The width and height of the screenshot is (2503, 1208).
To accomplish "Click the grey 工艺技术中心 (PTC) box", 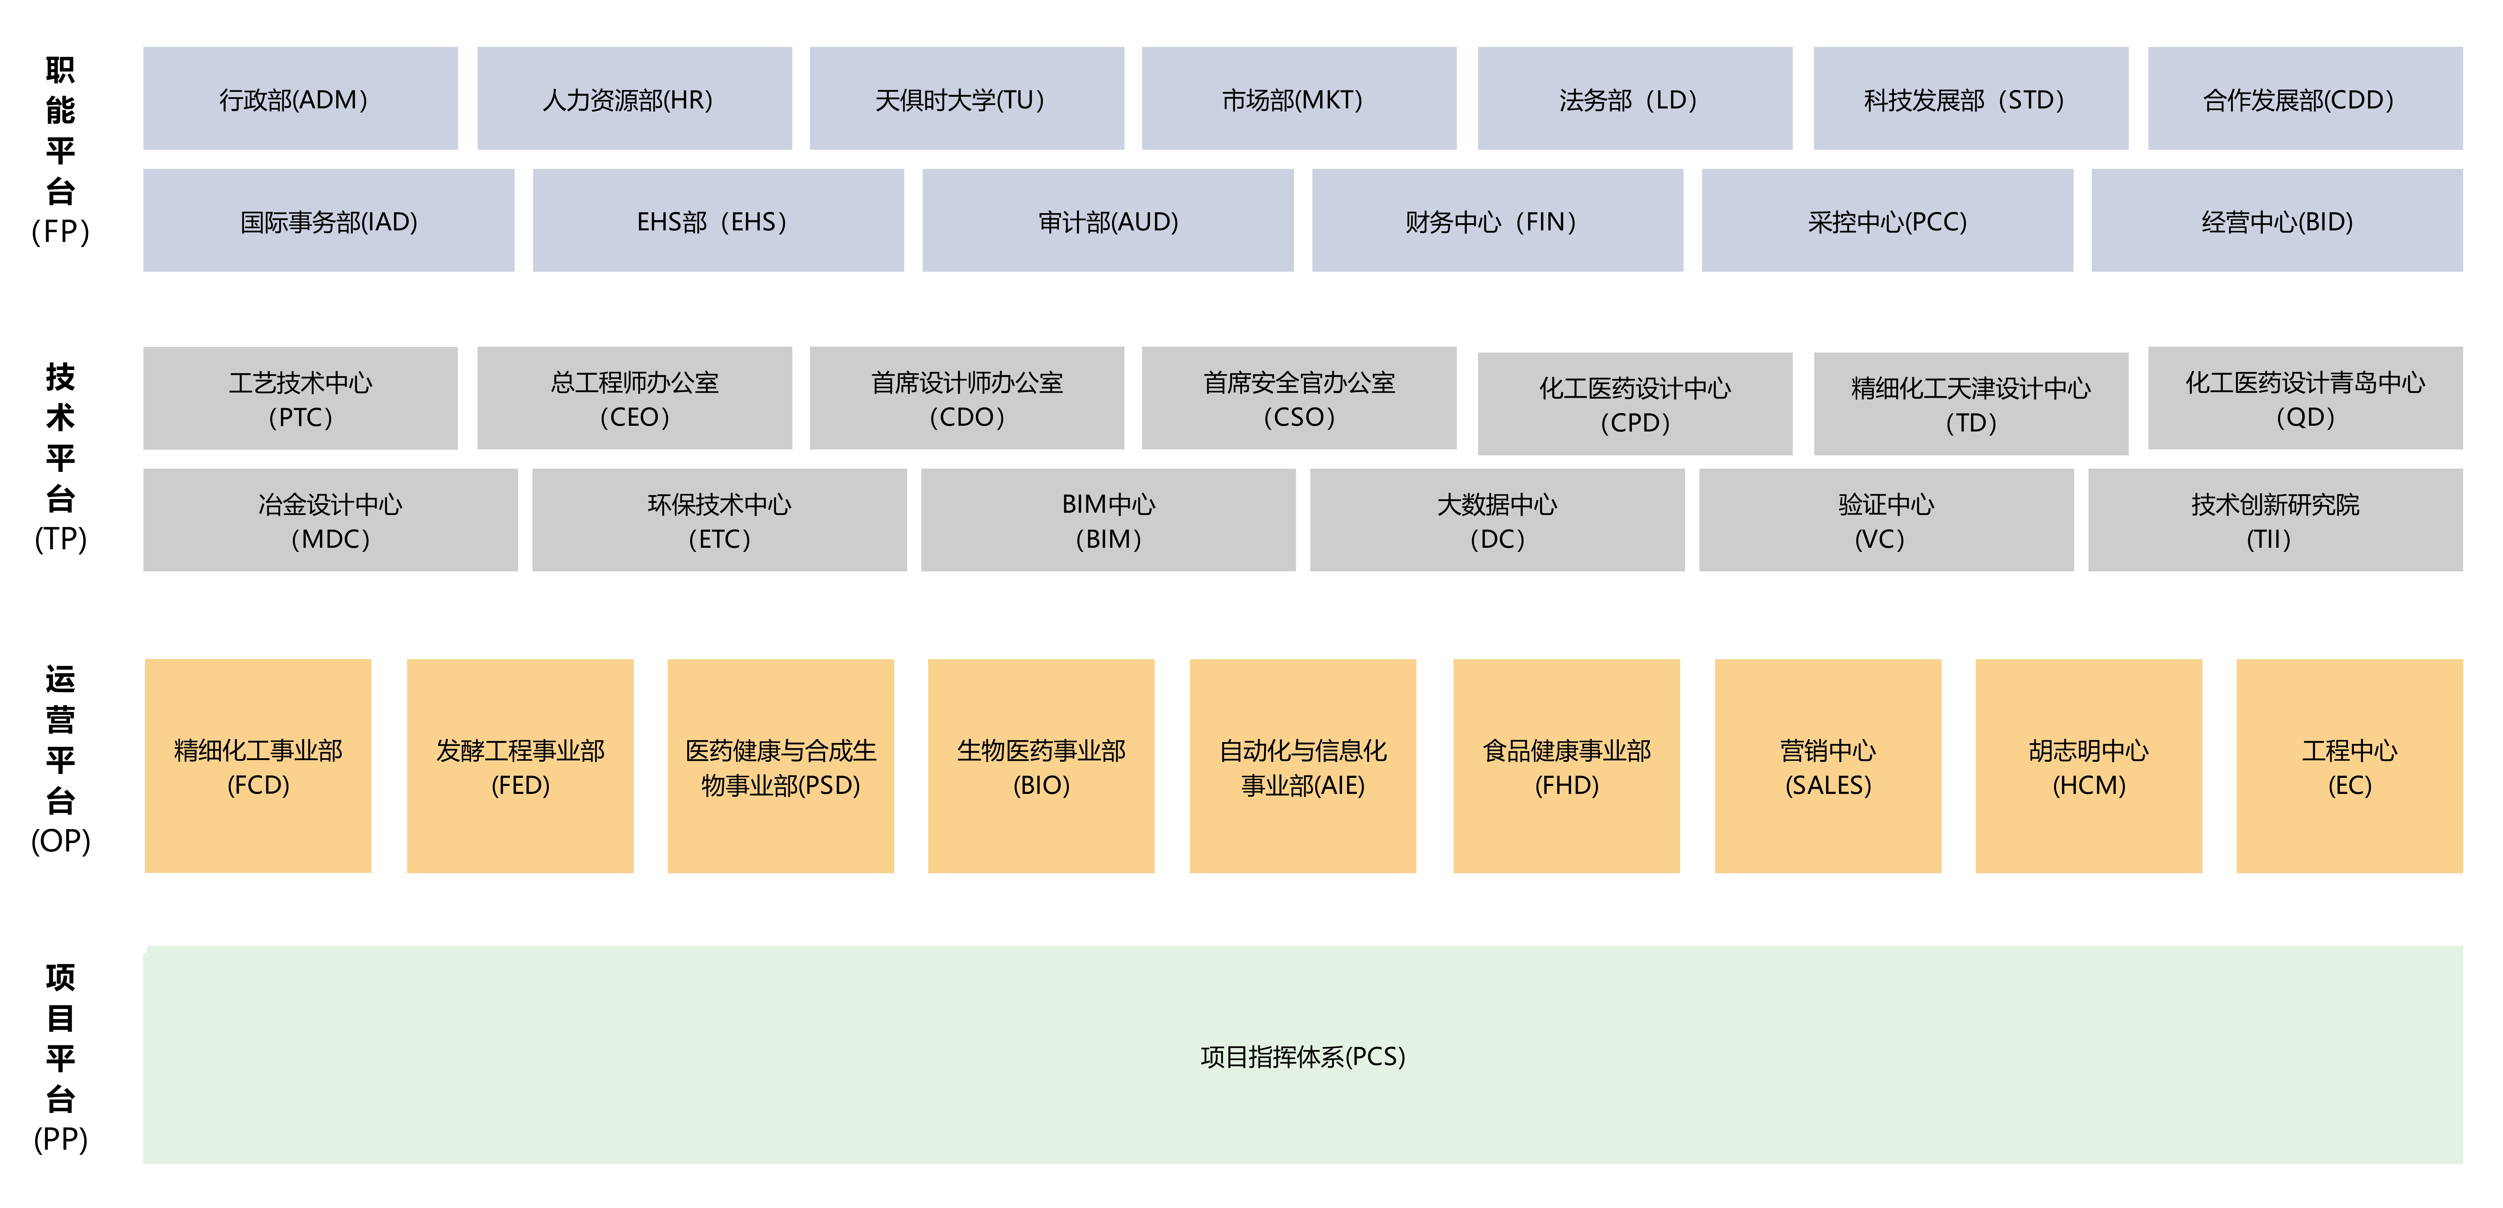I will click(x=300, y=398).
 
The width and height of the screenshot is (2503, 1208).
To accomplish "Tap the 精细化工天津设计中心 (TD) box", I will click(x=1970, y=404).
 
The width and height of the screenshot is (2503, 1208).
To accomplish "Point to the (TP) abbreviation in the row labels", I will click(x=60, y=538).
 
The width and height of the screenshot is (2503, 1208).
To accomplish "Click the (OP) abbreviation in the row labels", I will click(x=60, y=841).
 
